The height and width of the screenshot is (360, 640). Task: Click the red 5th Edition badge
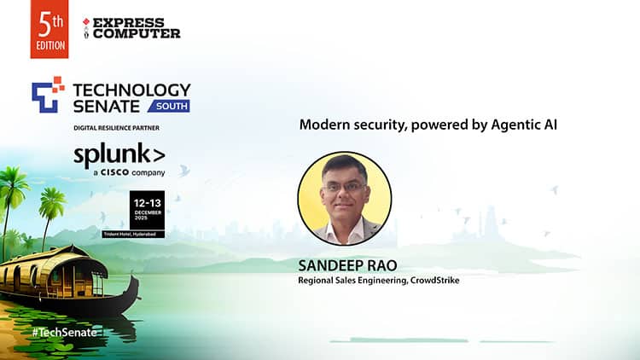[49, 29]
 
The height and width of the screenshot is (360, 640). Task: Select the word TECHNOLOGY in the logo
[132, 90]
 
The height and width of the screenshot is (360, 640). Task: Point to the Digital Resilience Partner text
[117, 128]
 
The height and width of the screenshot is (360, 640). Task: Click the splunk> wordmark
[119, 155]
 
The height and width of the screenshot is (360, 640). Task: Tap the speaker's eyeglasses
[346, 189]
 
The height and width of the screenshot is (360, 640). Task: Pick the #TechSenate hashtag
[64, 332]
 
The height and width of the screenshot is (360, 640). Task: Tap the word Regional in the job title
[317, 280]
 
